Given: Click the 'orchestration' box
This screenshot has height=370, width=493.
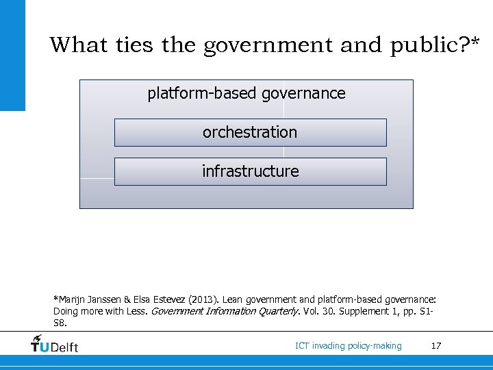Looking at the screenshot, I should coord(250,132).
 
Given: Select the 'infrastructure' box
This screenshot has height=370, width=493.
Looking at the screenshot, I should coord(250,171).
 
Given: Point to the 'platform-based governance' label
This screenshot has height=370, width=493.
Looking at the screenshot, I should coord(246,93).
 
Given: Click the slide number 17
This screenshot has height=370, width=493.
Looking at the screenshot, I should coord(436,345).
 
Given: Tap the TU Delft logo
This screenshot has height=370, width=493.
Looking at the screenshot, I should coord(55,345).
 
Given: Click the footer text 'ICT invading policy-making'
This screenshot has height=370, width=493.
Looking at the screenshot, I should coord(349,345).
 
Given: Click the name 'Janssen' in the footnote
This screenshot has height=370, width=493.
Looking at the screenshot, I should coord(104,299).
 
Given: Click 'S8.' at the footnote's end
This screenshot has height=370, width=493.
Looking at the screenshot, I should coord(60,322).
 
